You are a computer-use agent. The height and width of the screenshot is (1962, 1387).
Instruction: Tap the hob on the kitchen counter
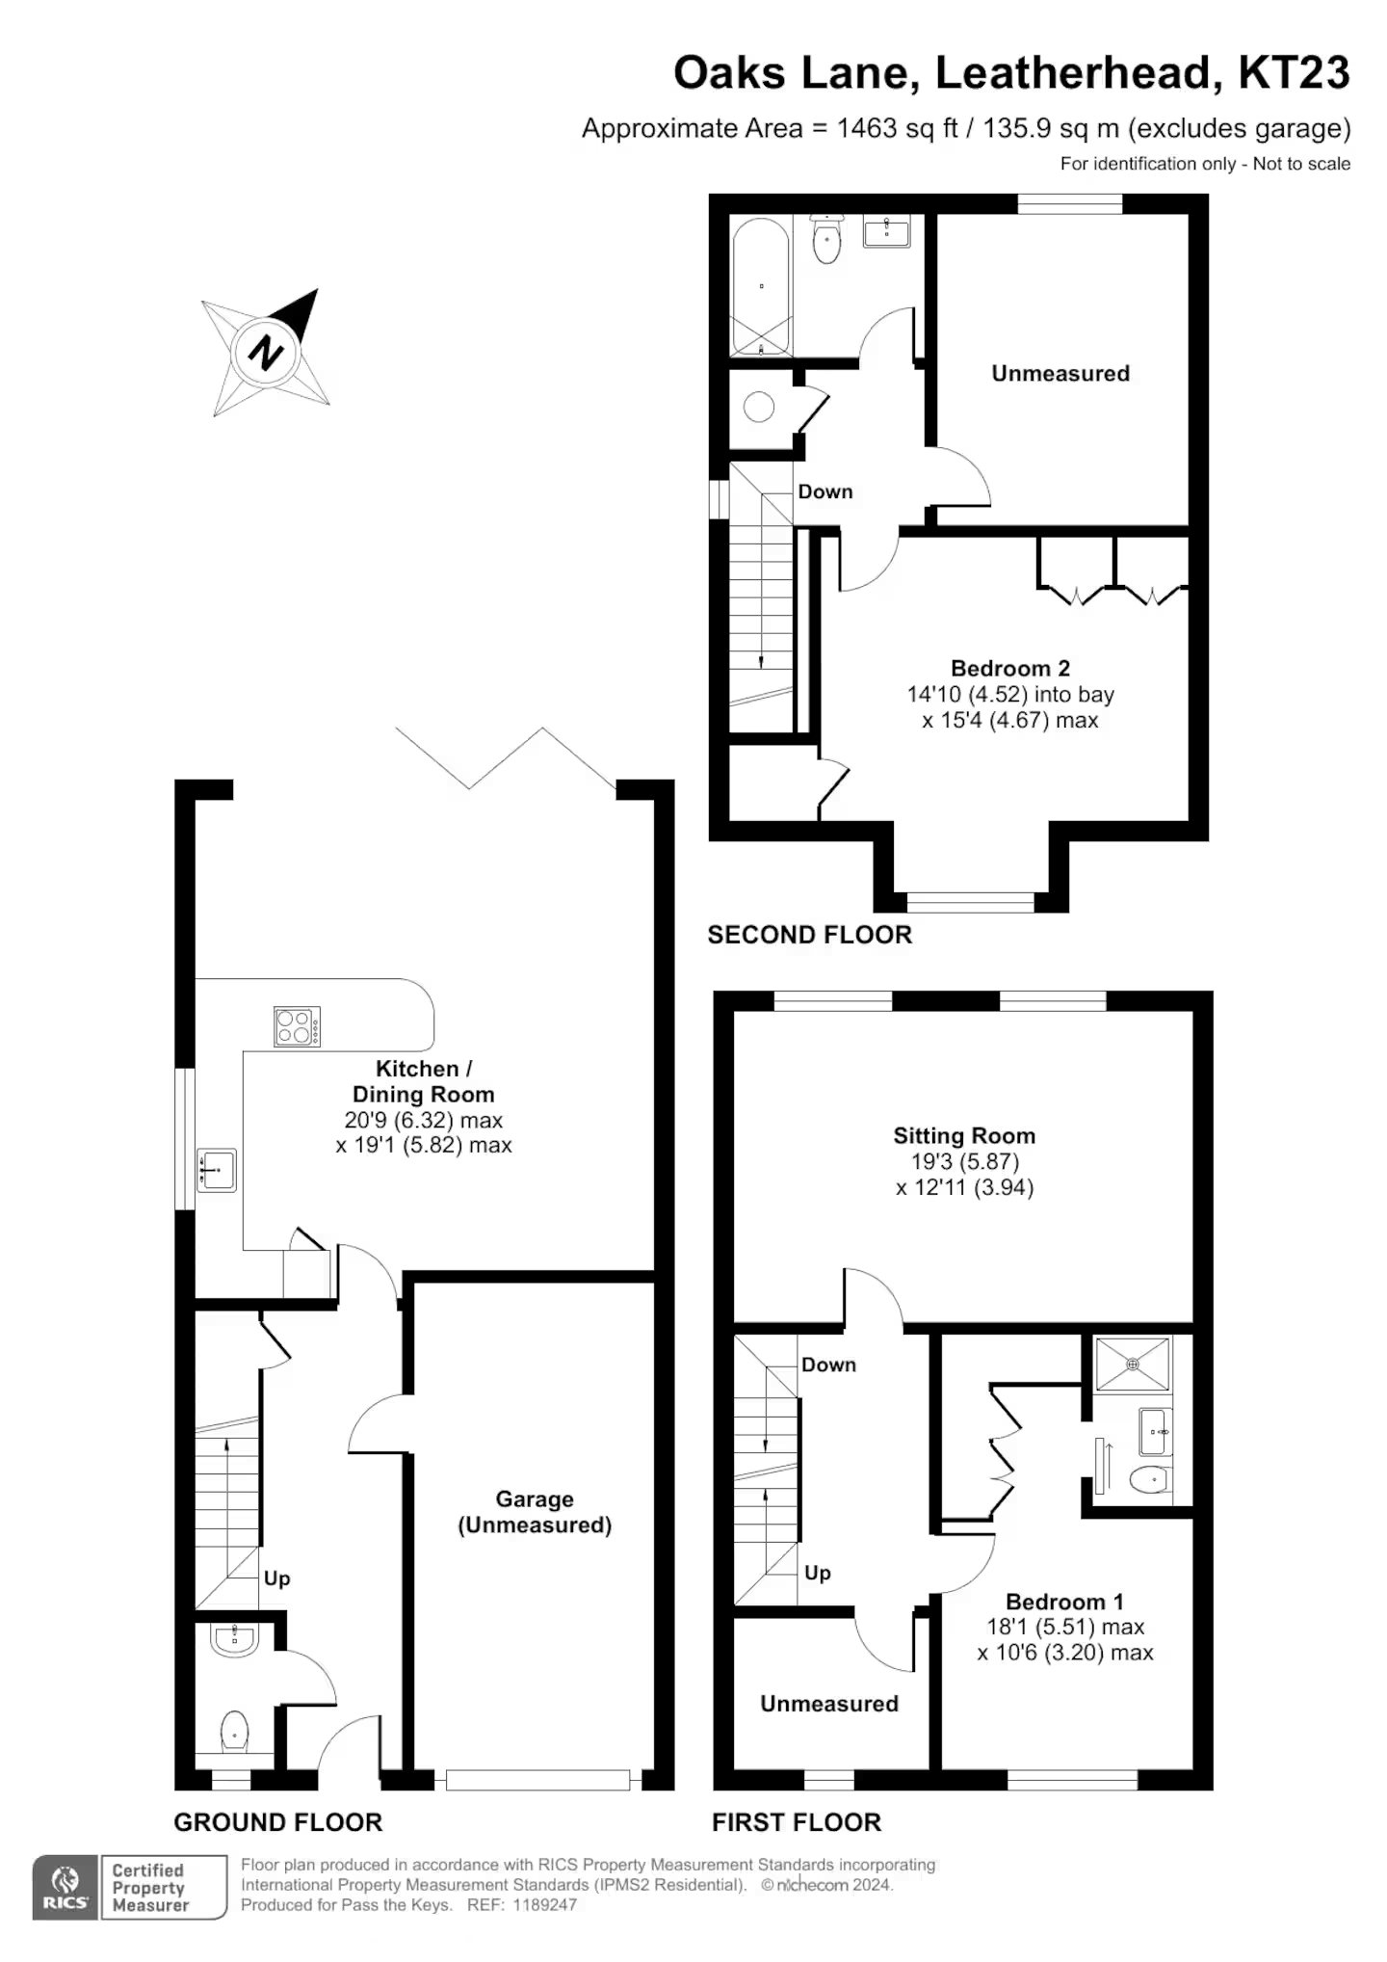click(298, 1026)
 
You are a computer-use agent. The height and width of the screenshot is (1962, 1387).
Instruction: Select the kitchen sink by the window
click(217, 1170)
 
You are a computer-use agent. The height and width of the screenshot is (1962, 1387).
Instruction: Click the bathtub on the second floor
click(761, 286)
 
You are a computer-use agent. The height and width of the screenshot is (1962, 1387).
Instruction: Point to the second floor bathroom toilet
click(826, 238)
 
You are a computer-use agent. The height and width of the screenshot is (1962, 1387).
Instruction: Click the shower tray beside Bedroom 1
click(1133, 1364)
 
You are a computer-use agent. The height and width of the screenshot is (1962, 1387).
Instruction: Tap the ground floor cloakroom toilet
click(235, 1732)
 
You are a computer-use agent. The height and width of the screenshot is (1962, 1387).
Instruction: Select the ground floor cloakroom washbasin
click(234, 1639)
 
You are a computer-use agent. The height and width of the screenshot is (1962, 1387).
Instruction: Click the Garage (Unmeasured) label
click(535, 1511)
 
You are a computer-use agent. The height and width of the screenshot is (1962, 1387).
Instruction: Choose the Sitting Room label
click(964, 1135)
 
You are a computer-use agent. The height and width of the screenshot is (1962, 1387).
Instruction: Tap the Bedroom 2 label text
click(1010, 668)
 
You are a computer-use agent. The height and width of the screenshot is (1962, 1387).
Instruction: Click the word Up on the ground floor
click(277, 1578)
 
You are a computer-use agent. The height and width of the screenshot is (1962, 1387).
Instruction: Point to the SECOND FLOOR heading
click(809, 935)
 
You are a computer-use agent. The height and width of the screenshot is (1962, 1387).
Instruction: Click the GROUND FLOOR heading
click(278, 1822)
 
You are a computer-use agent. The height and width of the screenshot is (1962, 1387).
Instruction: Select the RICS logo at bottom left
click(65, 1887)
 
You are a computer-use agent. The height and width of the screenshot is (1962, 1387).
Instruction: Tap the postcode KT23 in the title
click(1294, 72)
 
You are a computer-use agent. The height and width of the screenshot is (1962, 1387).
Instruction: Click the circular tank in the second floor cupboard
click(759, 407)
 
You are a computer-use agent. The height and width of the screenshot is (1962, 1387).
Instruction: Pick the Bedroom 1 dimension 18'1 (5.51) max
click(1065, 1627)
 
